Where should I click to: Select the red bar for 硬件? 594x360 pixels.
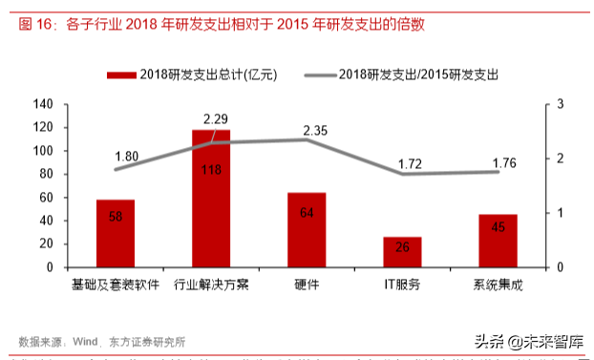click(x=307, y=229)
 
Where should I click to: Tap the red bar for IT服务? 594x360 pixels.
click(x=402, y=251)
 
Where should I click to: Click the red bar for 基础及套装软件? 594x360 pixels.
click(x=115, y=233)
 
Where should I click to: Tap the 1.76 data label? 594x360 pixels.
click(x=503, y=163)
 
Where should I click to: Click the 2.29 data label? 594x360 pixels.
click(x=216, y=119)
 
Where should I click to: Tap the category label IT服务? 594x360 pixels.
click(x=402, y=285)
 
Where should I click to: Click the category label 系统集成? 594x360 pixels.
click(x=498, y=285)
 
